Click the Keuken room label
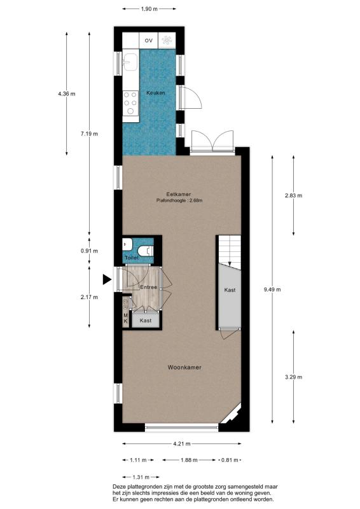pos(155,93)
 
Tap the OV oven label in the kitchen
pos(149,41)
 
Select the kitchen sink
pos(130,61)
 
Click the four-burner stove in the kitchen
pos(130,103)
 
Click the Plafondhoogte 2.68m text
pos(179,200)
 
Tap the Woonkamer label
pos(184,368)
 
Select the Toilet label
pos(132,258)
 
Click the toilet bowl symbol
pos(146,251)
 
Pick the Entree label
pos(148,287)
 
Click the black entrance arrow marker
pos(107,279)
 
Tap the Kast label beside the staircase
pos(230,290)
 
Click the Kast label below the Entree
pos(146,321)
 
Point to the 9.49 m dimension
pos(272,289)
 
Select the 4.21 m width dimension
pos(181,443)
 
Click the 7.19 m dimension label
pos(89,134)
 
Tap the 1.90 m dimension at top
pos(149,9)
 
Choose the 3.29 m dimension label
pos(293,377)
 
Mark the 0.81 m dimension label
pos(230,460)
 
